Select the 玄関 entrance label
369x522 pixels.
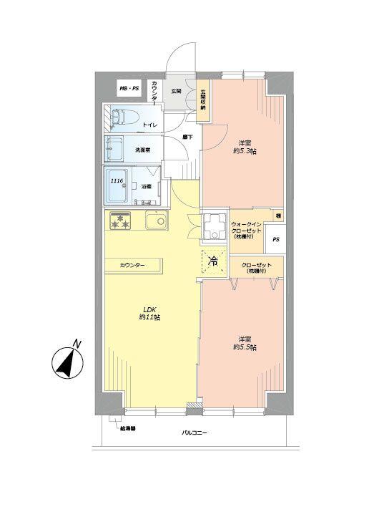tap(177, 92)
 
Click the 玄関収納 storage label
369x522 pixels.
tap(203, 99)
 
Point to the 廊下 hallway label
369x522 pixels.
tap(187, 136)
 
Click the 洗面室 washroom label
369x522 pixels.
tap(145, 150)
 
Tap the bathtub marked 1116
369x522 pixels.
tap(119, 185)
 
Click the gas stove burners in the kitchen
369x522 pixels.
tap(119, 223)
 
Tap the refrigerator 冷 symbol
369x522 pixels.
tap(212, 261)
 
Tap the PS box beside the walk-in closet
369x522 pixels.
tap(275, 241)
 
